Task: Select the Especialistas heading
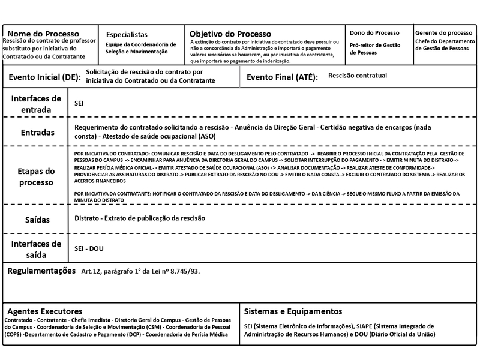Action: point(127,35)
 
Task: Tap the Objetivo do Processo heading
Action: point(230,34)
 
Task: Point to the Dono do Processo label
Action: point(374,32)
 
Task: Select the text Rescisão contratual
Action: point(358,76)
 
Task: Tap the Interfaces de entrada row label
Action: point(36,104)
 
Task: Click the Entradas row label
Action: point(37,132)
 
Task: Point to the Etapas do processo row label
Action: point(37,176)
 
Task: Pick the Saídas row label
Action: point(37,220)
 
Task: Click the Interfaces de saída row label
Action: point(37,248)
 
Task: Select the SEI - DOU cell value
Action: point(89,248)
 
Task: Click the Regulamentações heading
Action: point(41,271)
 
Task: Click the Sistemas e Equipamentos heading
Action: point(293,311)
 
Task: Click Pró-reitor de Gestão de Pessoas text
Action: point(376,48)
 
